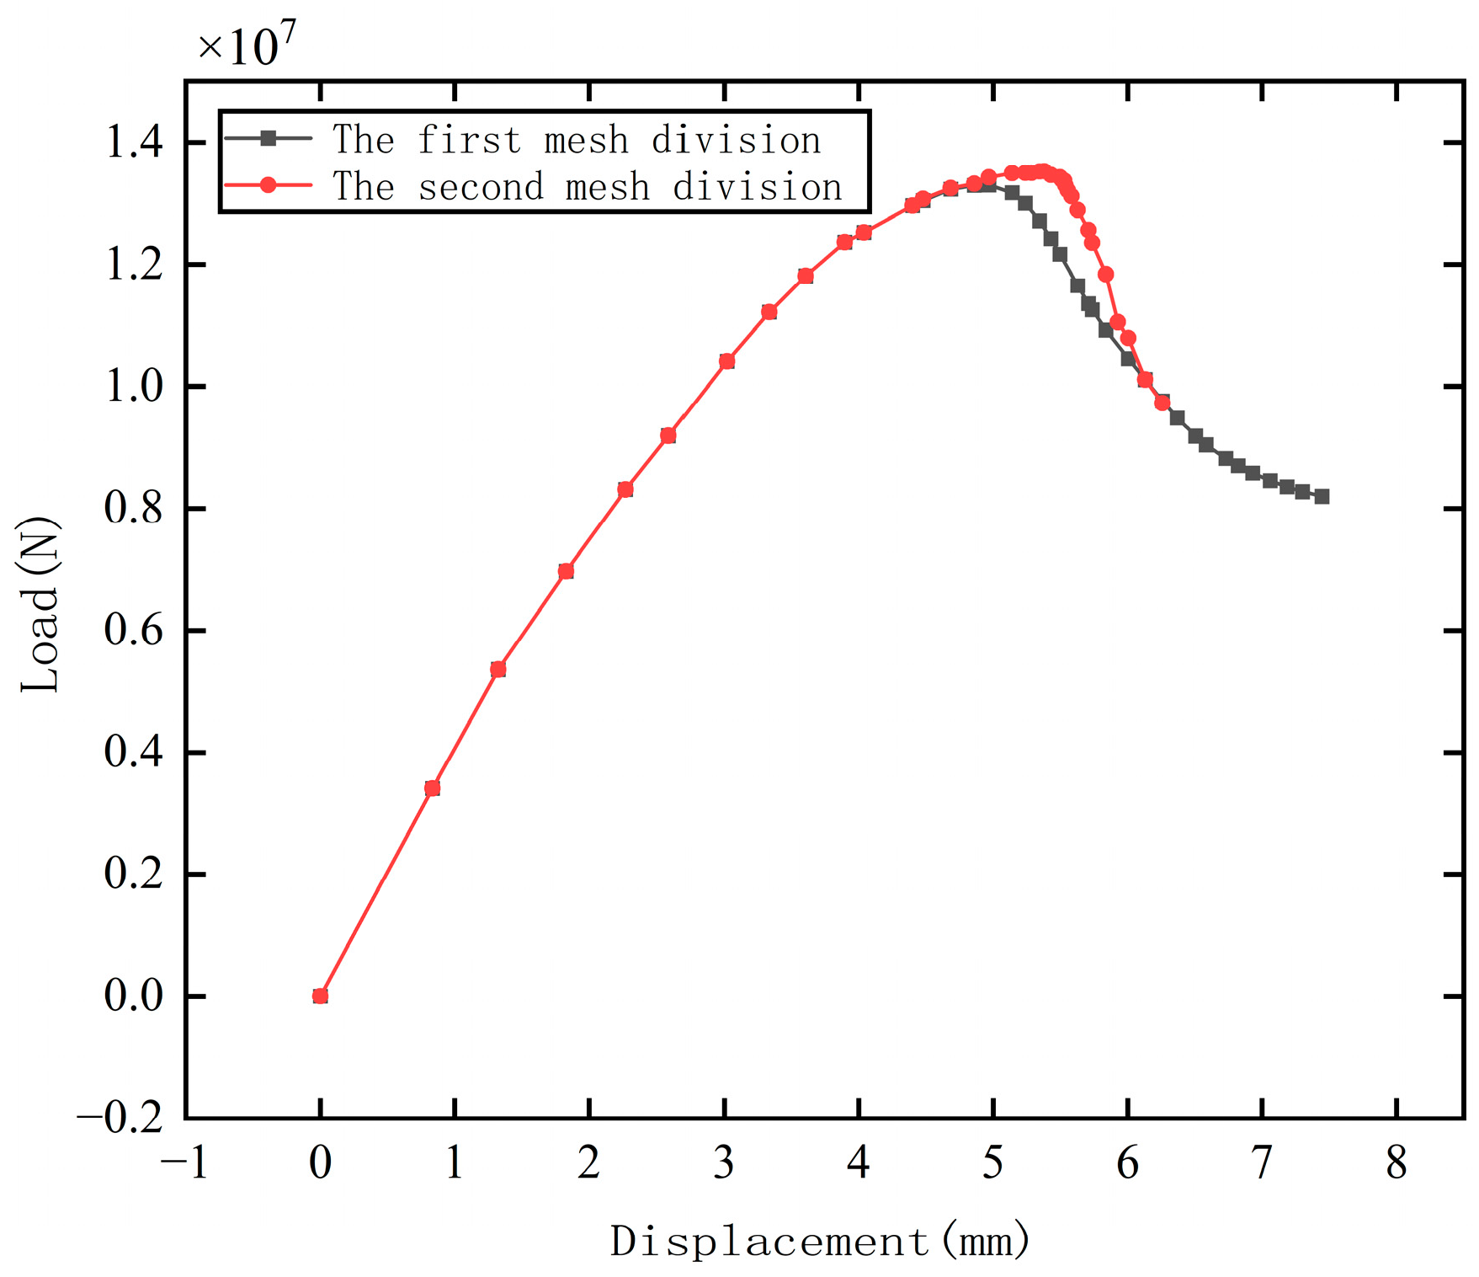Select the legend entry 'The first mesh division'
click(x=577, y=140)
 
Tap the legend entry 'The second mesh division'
click(x=588, y=186)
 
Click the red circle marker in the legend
click(x=268, y=185)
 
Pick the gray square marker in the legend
click(x=268, y=139)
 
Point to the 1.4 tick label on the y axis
click(x=135, y=143)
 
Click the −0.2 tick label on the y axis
click(x=120, y=1118)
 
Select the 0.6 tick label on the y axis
click(x=135, y=631)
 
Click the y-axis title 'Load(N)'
click(x=40, y=604)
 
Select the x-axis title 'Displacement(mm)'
click(x=820, y=1240)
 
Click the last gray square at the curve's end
click(x=1322, y=497)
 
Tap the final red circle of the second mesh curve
click(x=1162, y=403)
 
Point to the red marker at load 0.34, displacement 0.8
click(x=433, y=788)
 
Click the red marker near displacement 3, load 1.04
click(x=727, y=361)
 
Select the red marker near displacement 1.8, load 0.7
click(x=566, y=571)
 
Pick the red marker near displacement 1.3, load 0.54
click(x=497, y=669)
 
